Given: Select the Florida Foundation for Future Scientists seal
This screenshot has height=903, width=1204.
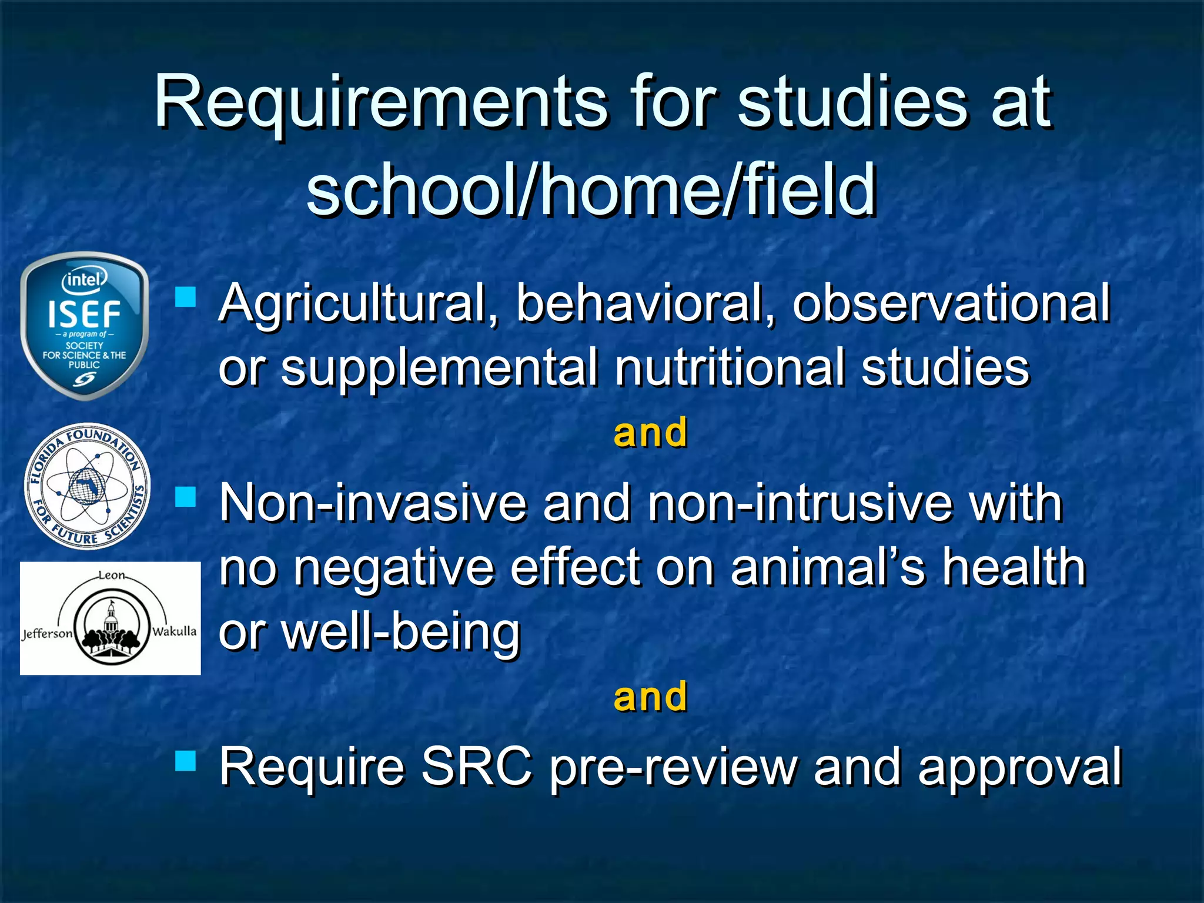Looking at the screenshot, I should (87, 486).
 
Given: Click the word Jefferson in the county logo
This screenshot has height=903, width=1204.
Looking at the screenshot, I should (47, 634).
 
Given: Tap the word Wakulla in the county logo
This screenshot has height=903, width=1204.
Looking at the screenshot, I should (174, 631).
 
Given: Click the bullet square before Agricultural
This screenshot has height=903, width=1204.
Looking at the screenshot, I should (186, 297).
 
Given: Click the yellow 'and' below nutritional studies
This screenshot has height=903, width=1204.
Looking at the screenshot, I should (650, 433).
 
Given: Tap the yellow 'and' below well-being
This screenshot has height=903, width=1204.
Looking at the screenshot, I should (650, 697).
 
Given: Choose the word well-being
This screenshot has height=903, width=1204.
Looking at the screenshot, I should (370, 634).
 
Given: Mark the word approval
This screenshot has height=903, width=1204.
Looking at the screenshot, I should (1020, 768).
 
